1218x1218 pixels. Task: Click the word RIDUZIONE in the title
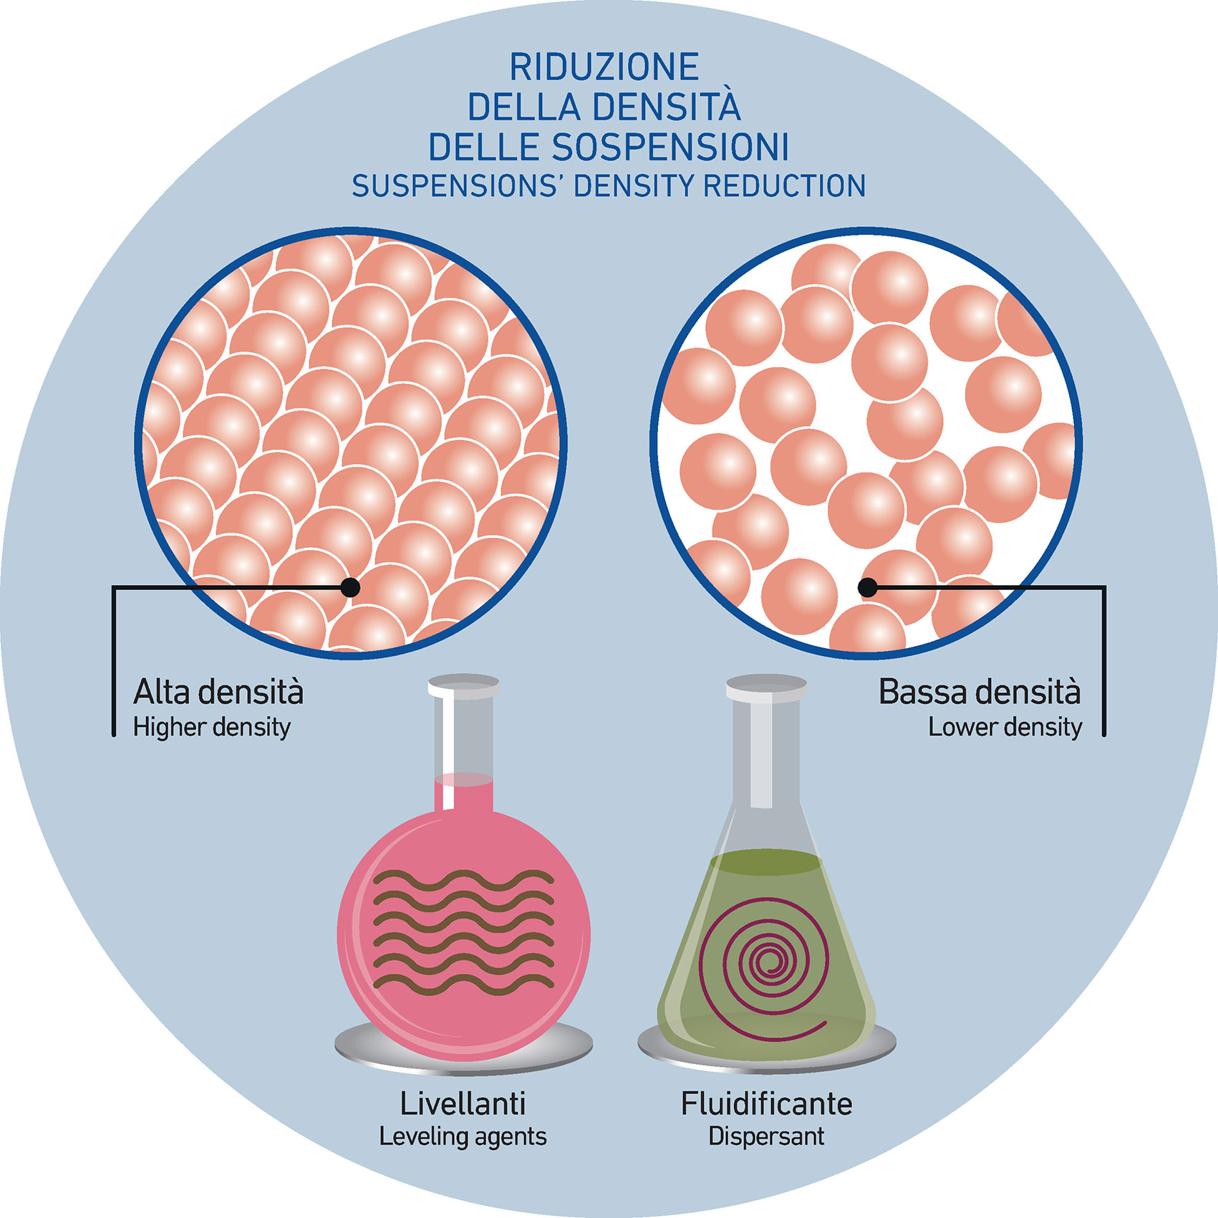pos(604,67)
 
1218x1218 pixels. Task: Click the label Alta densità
pos(218,692)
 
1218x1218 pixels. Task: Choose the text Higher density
pos(212,728)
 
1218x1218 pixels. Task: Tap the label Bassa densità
pos(979,692)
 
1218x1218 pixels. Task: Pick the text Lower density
pos(1005,728)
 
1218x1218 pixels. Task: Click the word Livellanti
pos(463,1103)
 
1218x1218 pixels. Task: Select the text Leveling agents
pos(463,1136)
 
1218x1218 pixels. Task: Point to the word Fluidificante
pos(766,1103)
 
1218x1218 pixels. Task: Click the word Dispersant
pos(766,1136)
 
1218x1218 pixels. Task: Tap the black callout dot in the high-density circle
pos(350,587)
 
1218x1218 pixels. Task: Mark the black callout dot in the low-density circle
pos(867,588)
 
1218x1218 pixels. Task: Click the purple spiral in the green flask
pos(770,963)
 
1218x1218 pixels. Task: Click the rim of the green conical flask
pos(765,689)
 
